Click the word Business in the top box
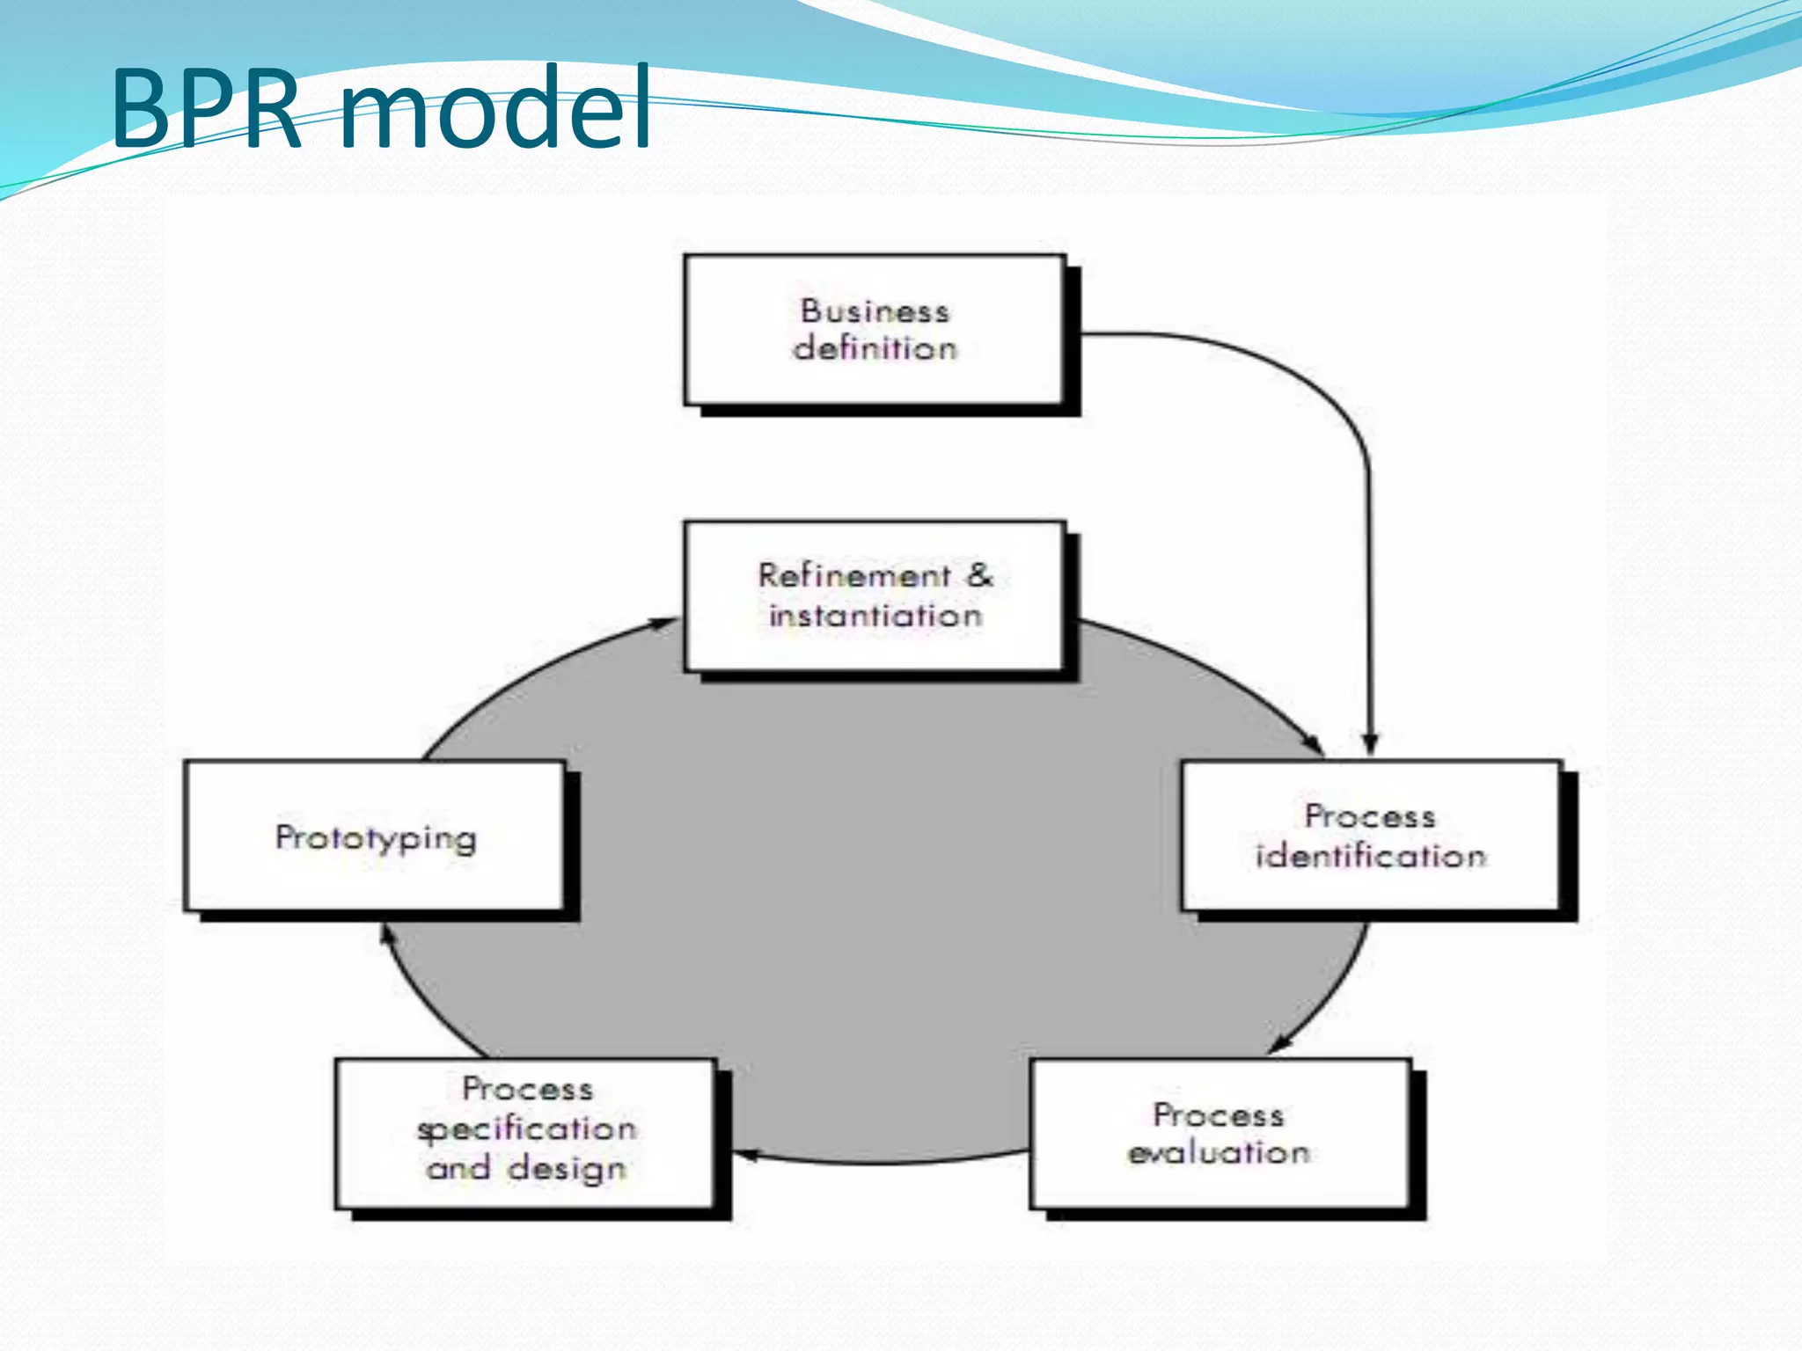(875, 311)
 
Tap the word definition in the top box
(875, 349)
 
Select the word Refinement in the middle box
(854, 576)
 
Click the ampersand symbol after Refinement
(980, 575)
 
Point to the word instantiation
(875, 616)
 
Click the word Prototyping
(376, 838)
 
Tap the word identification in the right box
(1370, 856)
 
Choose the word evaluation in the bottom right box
(1219, 1153)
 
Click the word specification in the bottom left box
(526, 1129)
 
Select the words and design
(526, 1169)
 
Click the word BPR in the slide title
(206, 109)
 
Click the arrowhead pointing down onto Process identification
(1369, 744)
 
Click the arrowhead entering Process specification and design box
(746, 1155)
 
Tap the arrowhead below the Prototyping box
(385, 934)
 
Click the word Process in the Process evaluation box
(1219, 1115)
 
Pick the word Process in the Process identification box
(1370, 816)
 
